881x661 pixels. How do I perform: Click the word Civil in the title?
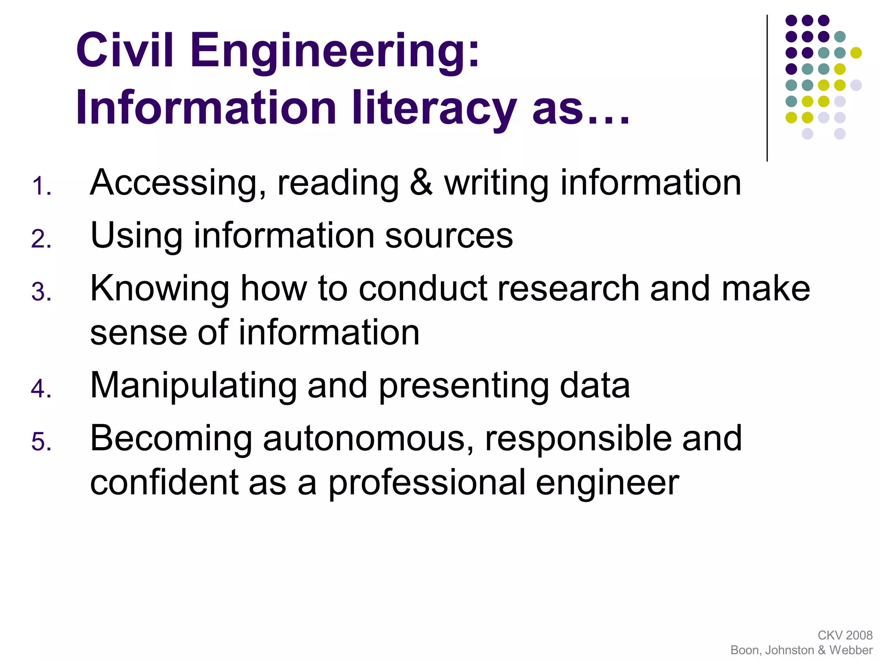pos(124,50)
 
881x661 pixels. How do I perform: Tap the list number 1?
pos(41,186)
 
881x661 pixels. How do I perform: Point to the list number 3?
pos(41,292)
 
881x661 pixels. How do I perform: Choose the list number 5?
pos(41,442)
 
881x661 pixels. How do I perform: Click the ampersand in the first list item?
pos(421,182)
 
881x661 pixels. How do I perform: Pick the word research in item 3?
pos(568,288)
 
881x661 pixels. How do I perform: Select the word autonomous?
pos(368,439)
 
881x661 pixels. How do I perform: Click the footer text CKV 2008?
pos(845,635)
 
